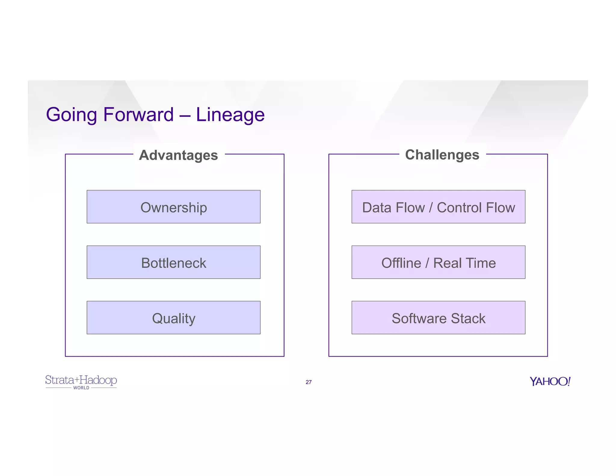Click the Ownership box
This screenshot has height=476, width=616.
[174, 207]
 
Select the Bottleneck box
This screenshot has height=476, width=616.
[174, 262]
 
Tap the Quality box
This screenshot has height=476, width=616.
[174, 318]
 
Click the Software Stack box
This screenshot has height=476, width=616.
[438, 318]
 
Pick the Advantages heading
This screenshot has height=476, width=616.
[178, 155]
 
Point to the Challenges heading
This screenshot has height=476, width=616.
[442, 155]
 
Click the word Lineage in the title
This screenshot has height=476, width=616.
[230, 115]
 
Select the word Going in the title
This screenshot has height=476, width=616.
[72, 115]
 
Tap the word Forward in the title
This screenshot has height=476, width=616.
[138, 115]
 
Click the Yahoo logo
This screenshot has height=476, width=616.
[550, 381]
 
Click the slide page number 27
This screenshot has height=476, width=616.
[309, 382]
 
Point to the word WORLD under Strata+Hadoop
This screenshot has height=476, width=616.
[81, 388]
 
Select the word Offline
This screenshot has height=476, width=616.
[401, 263]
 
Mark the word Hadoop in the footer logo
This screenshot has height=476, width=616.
[98, 380]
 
